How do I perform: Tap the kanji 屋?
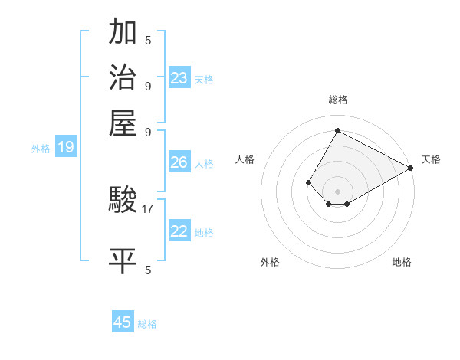(123, 122)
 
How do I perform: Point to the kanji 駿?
(123, 201)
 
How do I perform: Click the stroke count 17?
(148, 208)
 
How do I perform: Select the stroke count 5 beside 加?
(148, 41)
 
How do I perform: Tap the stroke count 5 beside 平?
(148, 270)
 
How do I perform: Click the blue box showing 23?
(179, 77)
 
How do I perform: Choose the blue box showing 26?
(179, 162)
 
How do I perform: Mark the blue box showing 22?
(179, 231)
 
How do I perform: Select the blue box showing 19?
(66, 148)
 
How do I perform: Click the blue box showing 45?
(123, 322)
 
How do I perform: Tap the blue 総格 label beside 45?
(147, 324)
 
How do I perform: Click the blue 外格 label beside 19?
(41, 149)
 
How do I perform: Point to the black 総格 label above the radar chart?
(338, 100)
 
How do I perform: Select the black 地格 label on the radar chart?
(402, 262)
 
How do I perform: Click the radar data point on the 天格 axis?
(411, 169)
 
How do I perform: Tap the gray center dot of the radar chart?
(338, 191)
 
